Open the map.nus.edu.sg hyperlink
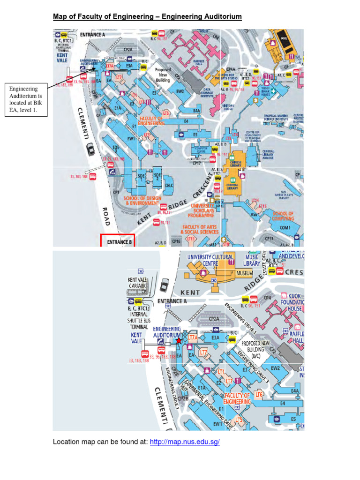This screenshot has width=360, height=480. [185, 442]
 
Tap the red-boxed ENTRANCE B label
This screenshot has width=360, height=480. [118, 241]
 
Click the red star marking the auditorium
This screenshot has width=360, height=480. [178, 341]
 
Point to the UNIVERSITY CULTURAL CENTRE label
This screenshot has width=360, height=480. [210, 260]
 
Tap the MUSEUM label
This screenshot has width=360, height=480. [244, 273]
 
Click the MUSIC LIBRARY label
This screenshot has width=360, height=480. [252, 260]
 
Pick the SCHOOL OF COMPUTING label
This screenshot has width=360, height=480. [283, 216]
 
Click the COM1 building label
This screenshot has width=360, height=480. [285, 228]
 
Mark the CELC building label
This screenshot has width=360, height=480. [168, 185]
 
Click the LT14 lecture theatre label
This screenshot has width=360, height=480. [255, 200]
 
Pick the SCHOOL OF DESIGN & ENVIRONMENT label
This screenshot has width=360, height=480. [142, 201]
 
